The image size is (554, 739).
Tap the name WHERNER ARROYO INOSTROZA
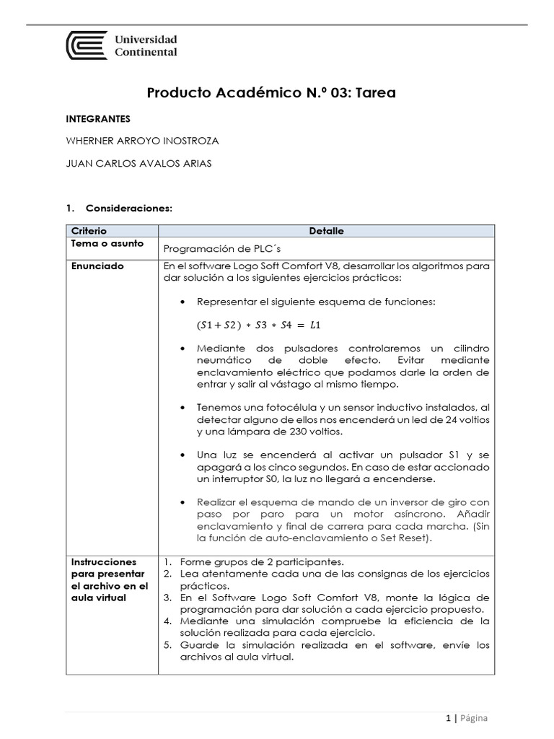(142, 141)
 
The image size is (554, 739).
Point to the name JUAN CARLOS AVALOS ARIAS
(139, 163)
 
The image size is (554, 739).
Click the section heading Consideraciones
(128, 208)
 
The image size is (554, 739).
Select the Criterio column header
(89, 231)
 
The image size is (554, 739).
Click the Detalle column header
(326, 231)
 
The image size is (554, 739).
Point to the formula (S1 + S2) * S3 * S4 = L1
(253, 325)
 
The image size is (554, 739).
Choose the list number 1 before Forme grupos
(167, 561)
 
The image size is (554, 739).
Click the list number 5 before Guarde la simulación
(167, 645)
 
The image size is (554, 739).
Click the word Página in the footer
(474, 718)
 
